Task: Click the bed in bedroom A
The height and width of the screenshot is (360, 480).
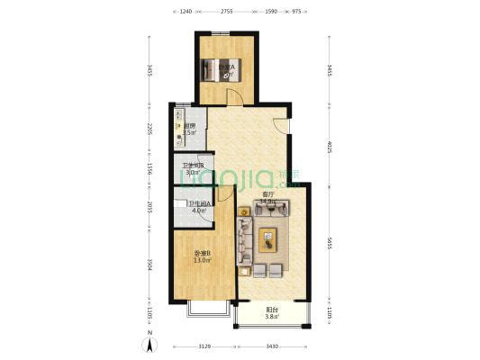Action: pos(226,68)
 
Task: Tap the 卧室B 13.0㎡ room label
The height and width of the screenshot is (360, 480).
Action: pos(203,256)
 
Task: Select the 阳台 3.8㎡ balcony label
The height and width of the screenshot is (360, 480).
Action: pos(272,314)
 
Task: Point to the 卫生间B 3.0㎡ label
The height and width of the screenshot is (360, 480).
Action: pos(193,168)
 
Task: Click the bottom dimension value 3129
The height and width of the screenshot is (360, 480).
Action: pos(204,347)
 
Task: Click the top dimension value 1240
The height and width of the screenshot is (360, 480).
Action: pos(186,12)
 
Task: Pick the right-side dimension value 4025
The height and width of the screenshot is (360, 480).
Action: pos(331,146)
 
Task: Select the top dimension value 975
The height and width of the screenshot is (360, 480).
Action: pos(296,12)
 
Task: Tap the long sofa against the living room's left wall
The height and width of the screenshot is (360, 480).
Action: pos(243,241)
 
